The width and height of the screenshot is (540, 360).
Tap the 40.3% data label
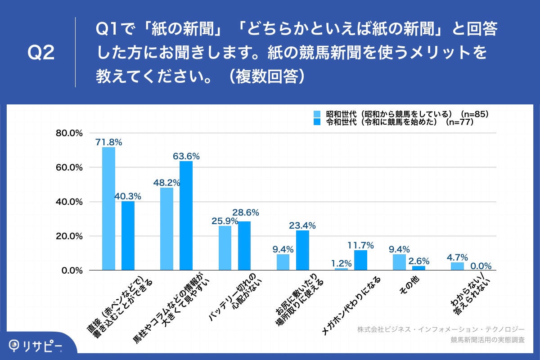(128, 196)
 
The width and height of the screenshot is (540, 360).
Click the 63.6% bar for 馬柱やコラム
(186, 216)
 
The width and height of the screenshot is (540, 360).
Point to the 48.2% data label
(166, 183)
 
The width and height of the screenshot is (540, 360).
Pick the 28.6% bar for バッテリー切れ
(244, 246)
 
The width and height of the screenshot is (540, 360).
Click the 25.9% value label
(225, 221)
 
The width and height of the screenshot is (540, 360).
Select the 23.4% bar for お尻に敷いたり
(302, 250)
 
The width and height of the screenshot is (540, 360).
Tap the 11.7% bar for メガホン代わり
(360, 260)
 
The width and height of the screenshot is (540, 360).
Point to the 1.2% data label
(341, 264)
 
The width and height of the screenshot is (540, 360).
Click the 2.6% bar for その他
(418, 268)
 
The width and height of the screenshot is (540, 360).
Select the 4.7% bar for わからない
(457, 266)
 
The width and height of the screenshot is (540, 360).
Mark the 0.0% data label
(481, 265)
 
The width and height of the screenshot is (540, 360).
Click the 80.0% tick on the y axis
(69, 133)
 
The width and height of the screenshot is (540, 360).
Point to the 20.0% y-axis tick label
(69, 236)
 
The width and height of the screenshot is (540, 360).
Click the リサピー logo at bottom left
(36, 345)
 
